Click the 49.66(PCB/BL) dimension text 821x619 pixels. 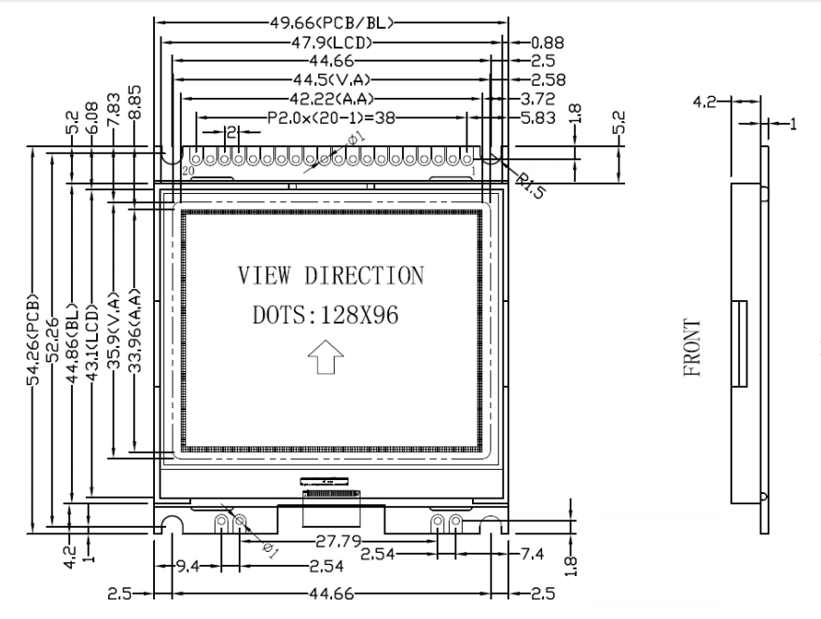point(331,22)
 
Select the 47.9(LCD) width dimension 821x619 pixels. point(331,42)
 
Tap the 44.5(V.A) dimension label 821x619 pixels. point(331,79)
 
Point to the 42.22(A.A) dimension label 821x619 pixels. point(331,99)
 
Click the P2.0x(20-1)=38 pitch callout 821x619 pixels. point(331,117)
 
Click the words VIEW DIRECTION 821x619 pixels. point(331,276)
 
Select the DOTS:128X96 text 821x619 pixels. point(326,315)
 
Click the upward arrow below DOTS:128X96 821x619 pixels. point(326,357)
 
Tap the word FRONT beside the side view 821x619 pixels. point(692,348)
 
